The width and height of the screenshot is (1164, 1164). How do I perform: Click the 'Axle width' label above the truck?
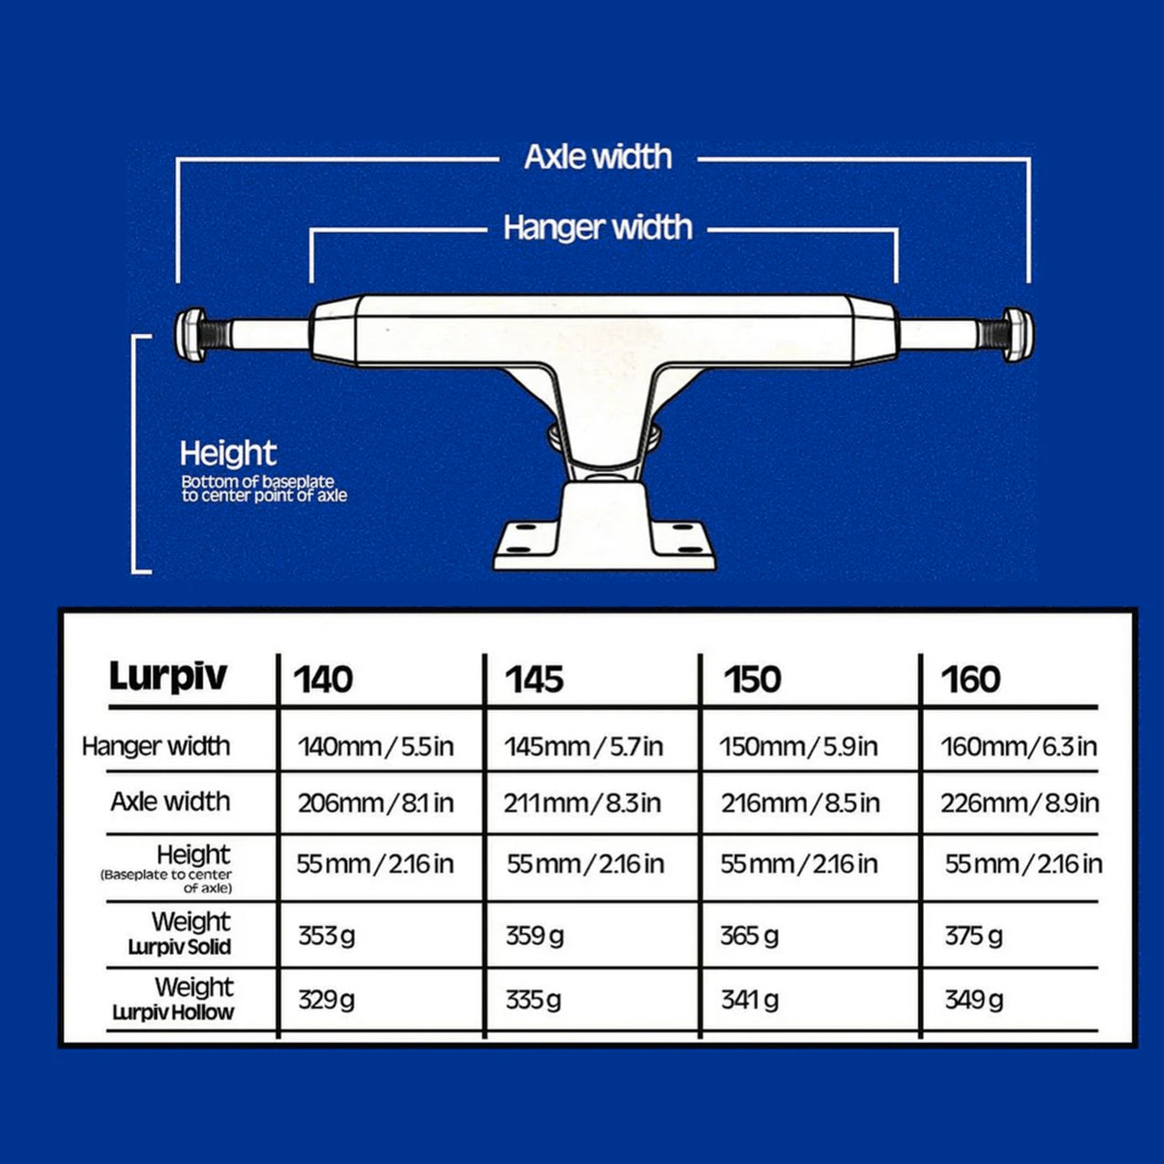598,157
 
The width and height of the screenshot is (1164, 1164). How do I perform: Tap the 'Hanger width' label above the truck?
598,227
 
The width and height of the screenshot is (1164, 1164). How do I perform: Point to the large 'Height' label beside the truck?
228,455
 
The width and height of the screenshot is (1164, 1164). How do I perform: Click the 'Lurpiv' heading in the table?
168,676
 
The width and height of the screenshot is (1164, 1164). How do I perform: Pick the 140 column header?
323,679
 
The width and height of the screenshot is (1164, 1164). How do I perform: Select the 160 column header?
970,679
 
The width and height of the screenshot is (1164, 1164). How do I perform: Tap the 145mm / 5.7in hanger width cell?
583,747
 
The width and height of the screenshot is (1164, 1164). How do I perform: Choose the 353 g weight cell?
326,937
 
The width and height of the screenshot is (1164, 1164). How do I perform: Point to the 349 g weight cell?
974,1001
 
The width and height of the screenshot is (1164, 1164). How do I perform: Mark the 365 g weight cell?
749,937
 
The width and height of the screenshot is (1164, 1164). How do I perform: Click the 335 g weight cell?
533,1001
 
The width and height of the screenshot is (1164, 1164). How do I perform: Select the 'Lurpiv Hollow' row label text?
173,1013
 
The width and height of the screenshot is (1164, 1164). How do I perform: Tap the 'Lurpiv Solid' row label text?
180,947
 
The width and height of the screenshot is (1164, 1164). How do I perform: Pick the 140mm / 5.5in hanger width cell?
375,747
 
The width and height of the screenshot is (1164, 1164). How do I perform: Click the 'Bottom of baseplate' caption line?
258,482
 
